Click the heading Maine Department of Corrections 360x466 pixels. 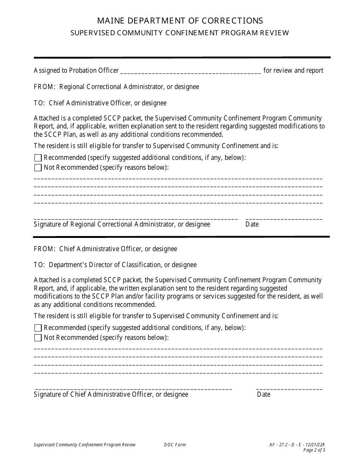coord(180,20)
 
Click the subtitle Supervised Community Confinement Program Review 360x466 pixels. coord(180,33)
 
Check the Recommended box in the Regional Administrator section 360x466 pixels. coord(38,158)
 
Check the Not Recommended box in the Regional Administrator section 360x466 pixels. coord(38,167)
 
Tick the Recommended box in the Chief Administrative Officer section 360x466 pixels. coord(38,328)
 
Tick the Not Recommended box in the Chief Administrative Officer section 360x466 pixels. coord(38,338)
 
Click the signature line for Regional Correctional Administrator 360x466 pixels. coord(136,218)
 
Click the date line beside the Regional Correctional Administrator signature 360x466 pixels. coord(284,218)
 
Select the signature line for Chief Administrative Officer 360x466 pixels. coord(133,388)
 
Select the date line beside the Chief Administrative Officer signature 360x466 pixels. coord(289,388)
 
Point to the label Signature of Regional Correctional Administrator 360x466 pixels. coord(122,224)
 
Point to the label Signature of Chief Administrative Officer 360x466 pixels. coord(111,394)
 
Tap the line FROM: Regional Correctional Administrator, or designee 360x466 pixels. coord(116,87)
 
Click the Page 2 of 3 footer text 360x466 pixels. coord(314,450)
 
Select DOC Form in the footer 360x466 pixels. coord(175,445)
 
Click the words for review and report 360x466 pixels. coord(293,70)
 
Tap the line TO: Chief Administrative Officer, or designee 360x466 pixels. coord(100,103)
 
